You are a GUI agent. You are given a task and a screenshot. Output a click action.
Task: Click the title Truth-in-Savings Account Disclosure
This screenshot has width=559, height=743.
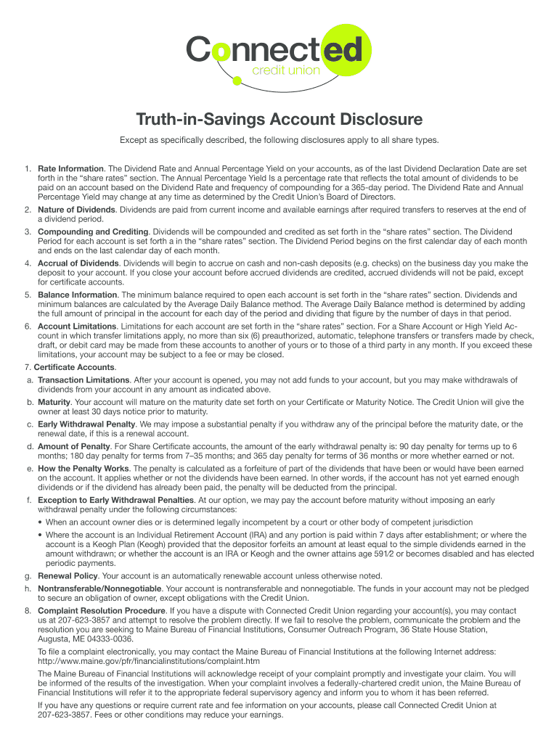[279, 118]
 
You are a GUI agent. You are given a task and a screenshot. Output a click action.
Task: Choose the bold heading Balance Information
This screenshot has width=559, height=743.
[78, 295]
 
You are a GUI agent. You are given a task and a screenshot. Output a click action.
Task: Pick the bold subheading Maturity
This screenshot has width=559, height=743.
[54, 401]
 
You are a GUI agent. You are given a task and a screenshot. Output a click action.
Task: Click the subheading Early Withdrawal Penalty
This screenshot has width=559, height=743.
[86, 423]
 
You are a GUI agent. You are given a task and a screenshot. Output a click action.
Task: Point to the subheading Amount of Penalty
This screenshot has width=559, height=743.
[73, 445]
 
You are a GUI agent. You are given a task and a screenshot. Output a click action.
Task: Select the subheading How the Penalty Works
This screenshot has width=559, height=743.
[84, 468]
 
